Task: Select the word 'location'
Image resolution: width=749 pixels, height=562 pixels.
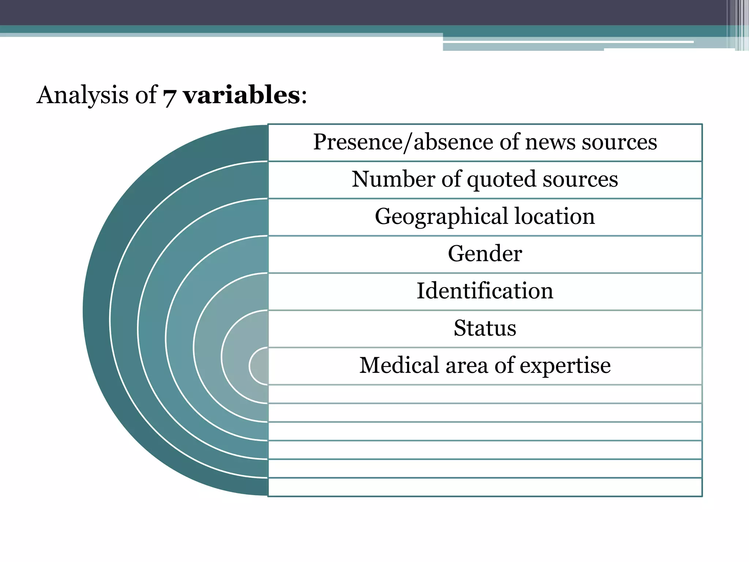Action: (x=555, y=216)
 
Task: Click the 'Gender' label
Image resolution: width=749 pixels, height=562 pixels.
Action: (x=485, y=254)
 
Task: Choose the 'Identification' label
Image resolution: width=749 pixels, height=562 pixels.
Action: (x=485, y=291)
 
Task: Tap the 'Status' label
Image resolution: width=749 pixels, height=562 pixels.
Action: (x=485, y=328)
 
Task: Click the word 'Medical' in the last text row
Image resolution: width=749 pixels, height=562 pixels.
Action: (x=399, y=365)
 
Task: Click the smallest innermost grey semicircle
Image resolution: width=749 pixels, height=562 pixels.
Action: (x=260, y=366)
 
